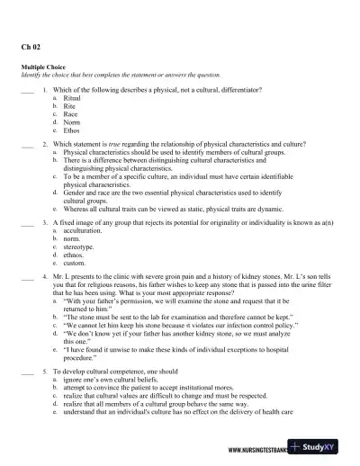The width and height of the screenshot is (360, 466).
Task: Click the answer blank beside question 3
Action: [27, 222]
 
